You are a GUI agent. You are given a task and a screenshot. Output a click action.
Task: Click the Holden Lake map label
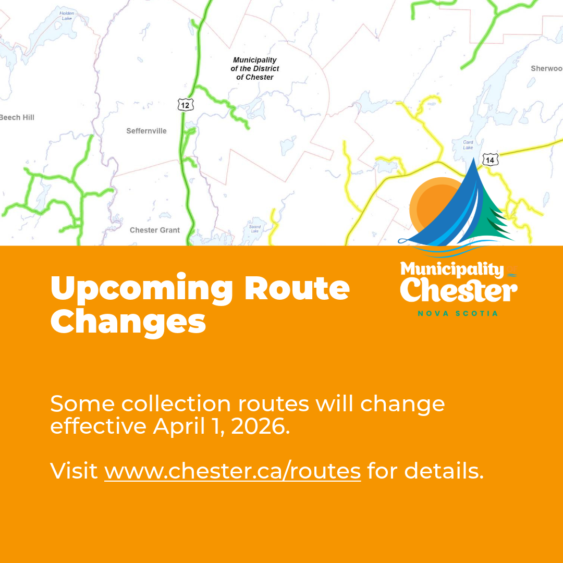67,15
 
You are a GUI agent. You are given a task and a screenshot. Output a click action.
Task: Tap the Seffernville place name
146,131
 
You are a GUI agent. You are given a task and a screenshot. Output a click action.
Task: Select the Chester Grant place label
155,230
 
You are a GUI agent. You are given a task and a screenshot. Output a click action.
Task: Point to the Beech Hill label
17,117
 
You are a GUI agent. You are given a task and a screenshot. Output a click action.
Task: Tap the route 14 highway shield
490,160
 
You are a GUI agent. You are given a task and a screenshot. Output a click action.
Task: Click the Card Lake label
468,144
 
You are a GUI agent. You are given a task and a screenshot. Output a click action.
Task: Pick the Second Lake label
255,229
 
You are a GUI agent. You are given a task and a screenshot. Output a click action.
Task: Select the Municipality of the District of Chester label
255,69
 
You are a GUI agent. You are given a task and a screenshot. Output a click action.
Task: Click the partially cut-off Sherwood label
546,68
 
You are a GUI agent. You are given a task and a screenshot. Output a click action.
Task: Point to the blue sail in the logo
454,209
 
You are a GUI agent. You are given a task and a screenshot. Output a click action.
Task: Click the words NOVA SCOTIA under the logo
458,313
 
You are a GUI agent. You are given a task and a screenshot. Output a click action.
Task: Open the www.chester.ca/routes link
232,471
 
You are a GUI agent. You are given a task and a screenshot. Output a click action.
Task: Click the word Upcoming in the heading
142,288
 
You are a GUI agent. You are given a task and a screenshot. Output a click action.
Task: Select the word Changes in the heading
128,322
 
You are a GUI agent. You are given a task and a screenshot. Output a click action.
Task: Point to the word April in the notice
175,427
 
